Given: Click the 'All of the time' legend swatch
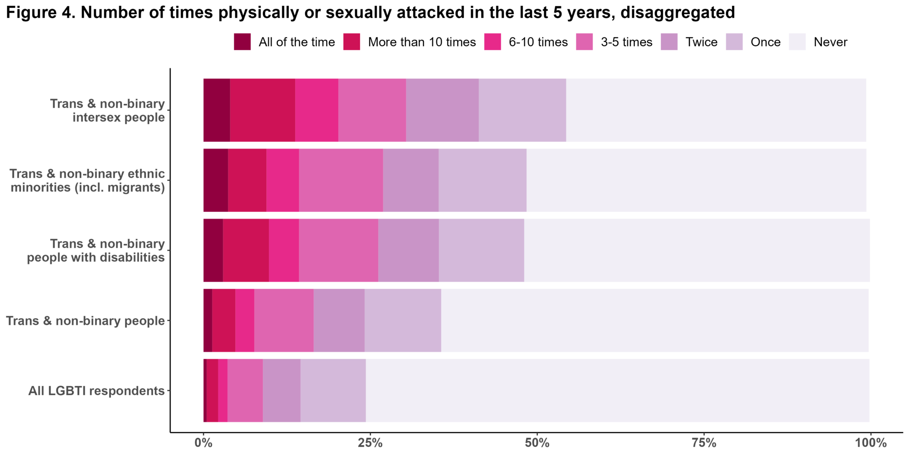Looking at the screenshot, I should click(x=242, y=42).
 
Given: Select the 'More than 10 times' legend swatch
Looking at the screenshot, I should click(x=352, y=42).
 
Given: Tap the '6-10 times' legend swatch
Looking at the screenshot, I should click(x=492, y=42).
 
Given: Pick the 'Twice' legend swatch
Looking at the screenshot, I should click(x=669, y=42).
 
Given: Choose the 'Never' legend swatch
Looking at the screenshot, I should click(x=797, y=42).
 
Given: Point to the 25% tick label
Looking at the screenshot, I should click(x=370, y=443).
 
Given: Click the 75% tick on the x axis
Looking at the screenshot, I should click(x=704, y=443).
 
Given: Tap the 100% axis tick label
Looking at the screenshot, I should click(x=870, y=443).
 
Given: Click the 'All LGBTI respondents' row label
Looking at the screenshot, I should click(x=96, y=391).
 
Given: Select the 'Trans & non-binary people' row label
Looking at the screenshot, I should click(x=85, y=321).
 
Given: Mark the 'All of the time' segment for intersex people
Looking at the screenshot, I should click(x=217, y=110).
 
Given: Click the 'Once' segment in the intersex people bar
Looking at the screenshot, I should click(x=522, y=110).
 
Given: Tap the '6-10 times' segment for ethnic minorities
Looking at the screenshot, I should click(x=283, y=180).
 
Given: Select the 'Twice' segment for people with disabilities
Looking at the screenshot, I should click(x=408, y=250).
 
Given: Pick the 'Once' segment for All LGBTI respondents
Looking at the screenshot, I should click(x=333, y=391).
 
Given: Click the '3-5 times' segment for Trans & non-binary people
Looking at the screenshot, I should click(x=284, y=320).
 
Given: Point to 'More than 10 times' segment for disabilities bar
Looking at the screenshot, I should click(x=246, y=250).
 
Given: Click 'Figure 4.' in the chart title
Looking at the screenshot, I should click(x=40, y=12).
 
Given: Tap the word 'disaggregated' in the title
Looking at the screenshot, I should click(x=678, y=12).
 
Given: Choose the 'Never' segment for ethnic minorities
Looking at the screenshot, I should click(x=696, y=180).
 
